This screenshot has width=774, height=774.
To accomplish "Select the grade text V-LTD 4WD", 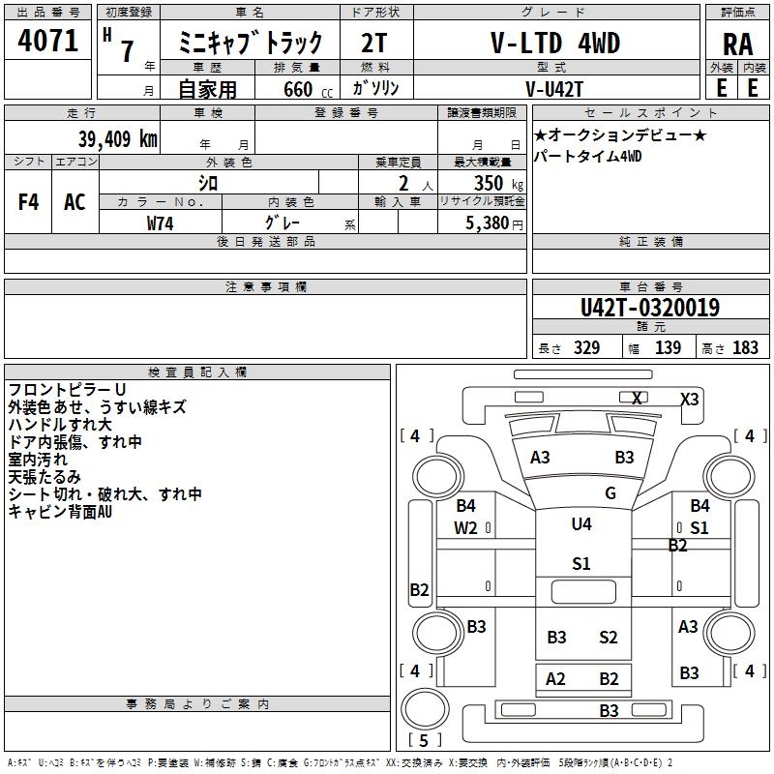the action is click(x=556, y=45).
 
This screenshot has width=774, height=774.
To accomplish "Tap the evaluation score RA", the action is click(x=737, y=45).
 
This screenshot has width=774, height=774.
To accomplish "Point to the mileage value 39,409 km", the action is click(x=116, y=139).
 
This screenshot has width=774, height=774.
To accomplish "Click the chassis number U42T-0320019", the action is click(x=649, y=309).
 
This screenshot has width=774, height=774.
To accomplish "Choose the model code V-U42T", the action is click(x=556, y=88).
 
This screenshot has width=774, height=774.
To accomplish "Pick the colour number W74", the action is click(x=161, y=223).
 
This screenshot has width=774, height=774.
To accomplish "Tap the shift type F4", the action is click(x=29, y=202).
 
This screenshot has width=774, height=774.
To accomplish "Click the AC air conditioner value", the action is click(x=74, y=202).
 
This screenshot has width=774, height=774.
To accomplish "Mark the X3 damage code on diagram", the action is click(x=690, y=399).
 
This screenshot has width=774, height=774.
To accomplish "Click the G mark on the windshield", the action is click(x=610, y=493).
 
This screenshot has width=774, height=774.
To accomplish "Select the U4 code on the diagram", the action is click(x=581, y=524).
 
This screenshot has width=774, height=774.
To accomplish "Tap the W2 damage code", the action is click(x=466, y=527).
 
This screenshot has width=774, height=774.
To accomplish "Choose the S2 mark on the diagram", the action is click(x=608, y=637).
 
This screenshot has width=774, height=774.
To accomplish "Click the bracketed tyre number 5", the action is click(x=423, y=741).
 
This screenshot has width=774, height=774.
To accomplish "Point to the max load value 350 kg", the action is click(x=493, y=184).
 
